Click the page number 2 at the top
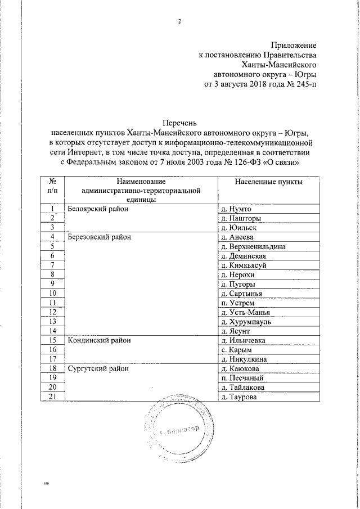tap(180, 22)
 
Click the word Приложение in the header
tap(294, 44)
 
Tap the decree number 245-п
tap(303, 85)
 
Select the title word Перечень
tap(180, 122)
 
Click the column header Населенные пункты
tap(268, 182)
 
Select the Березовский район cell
tap(99, 237)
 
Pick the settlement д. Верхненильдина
tap(254, 246)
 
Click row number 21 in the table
tap(52, 397)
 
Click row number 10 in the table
tap(52, 293)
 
